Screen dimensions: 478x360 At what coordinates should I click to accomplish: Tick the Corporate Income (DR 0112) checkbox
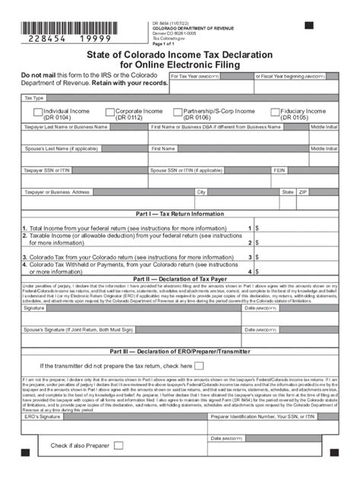point(110,111)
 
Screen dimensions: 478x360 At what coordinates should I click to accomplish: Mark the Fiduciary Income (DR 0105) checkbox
point(274,111)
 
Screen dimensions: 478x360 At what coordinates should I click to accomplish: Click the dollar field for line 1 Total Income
point(299,227)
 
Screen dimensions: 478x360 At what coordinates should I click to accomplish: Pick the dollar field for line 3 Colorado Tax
point(299,257)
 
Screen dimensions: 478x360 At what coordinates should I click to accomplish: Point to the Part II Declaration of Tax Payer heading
point(179,278)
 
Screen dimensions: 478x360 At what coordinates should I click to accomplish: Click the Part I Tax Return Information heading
point(179,213)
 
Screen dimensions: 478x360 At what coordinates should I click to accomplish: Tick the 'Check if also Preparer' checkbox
point(118,445)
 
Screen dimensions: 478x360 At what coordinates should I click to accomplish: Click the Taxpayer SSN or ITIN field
point(84,180)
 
